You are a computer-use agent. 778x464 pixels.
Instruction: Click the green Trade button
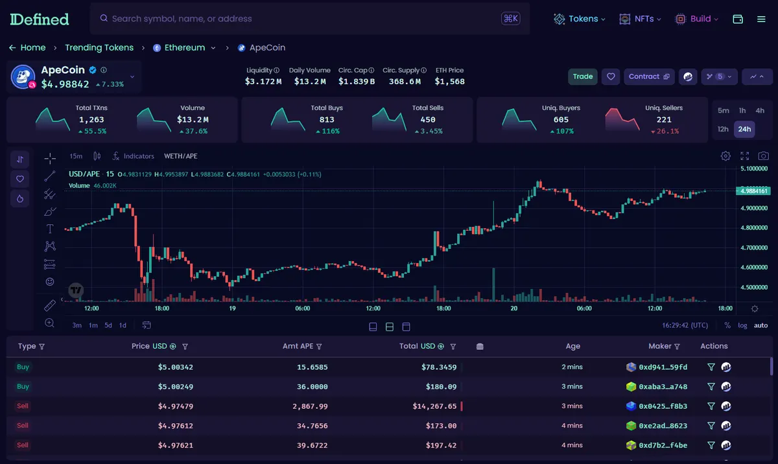(582, 76)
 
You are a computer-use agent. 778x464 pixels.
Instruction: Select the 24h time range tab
(744, 129)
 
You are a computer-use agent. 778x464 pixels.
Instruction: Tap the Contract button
(649, 76)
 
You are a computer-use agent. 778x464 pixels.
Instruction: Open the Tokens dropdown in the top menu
(580, 19)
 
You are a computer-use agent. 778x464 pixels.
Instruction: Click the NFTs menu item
(640, 19)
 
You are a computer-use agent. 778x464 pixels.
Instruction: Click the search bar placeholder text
(182, 19)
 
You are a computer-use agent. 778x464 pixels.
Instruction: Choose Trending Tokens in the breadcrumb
(99, 47)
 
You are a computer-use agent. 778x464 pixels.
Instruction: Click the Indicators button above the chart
(134, 156)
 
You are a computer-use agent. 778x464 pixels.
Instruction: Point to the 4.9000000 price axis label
(753, 208)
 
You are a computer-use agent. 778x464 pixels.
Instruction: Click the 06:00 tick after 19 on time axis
(303, 308)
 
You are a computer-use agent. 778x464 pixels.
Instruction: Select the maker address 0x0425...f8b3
(663, 406)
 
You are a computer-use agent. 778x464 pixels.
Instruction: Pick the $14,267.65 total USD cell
(434, 406)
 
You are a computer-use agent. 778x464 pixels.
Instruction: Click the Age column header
(572, 346)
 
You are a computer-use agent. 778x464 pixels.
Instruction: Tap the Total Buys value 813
(327, 120)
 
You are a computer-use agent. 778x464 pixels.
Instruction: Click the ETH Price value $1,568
(449, 82)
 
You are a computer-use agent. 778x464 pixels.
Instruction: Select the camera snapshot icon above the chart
(763, 156)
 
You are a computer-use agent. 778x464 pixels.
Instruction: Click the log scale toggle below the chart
(742, 325)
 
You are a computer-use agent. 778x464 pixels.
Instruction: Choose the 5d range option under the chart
(108, 325)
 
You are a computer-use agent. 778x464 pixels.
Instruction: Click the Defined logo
(40, 19)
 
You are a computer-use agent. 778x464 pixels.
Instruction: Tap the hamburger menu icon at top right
(761, 19)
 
